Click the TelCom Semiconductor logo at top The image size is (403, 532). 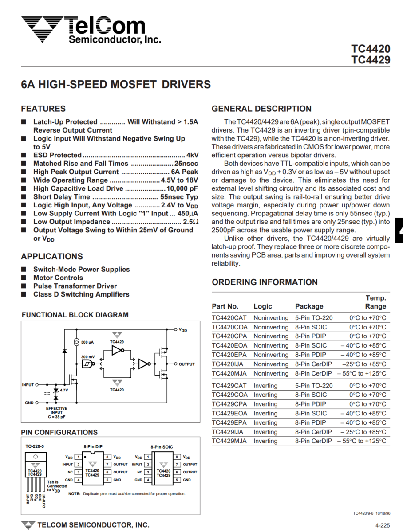click(91, 30)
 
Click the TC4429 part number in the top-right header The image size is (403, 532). click(371, 60)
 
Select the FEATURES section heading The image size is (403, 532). click(43, 109)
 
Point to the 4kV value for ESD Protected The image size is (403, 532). click(192, 155)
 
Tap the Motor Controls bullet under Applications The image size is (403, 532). click(58, 278)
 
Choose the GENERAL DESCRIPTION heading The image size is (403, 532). click(261, 109)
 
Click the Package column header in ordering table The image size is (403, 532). click(309, 306)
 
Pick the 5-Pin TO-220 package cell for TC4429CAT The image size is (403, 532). click(313, 386)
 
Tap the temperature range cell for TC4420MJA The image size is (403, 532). click(362, 373)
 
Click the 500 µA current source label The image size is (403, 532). click(87, 343)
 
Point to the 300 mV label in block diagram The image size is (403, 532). click(88, 356)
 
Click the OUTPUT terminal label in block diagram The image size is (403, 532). click(186, 364)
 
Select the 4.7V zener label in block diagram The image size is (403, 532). click(64, 390)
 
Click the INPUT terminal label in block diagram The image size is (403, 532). click(28, 385)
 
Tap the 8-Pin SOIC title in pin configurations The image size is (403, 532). click(162, 447)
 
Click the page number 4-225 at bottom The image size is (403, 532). click(383, 525)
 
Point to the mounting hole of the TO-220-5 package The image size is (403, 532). click(35, 456)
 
